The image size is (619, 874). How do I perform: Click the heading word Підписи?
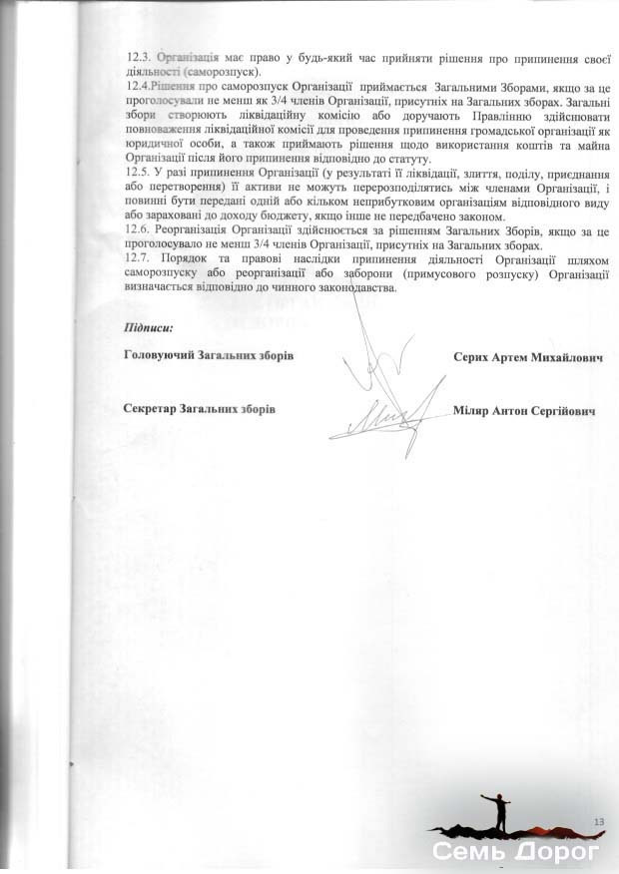tap(149, 327)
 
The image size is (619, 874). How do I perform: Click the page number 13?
tap(599, 820)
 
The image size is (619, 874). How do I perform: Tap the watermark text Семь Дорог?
tap(515, 853)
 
